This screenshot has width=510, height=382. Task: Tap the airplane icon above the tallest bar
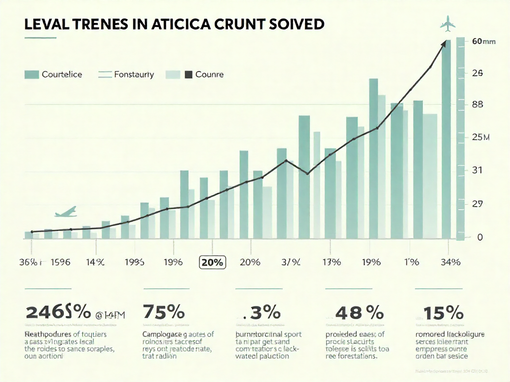[448, 26]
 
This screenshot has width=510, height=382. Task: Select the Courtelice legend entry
[53, 74]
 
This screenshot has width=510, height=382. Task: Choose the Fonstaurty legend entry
[126, 74]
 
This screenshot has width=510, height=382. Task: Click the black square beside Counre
[188, 74]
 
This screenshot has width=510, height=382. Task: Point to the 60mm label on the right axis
[483, 42]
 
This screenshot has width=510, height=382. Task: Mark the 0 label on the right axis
[480, 237]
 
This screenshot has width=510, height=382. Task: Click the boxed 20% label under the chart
[212, 262]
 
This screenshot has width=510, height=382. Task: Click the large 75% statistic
[163, 313]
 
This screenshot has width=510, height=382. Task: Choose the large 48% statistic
[359, 313]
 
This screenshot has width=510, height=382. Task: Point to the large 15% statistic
[444, 313]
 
